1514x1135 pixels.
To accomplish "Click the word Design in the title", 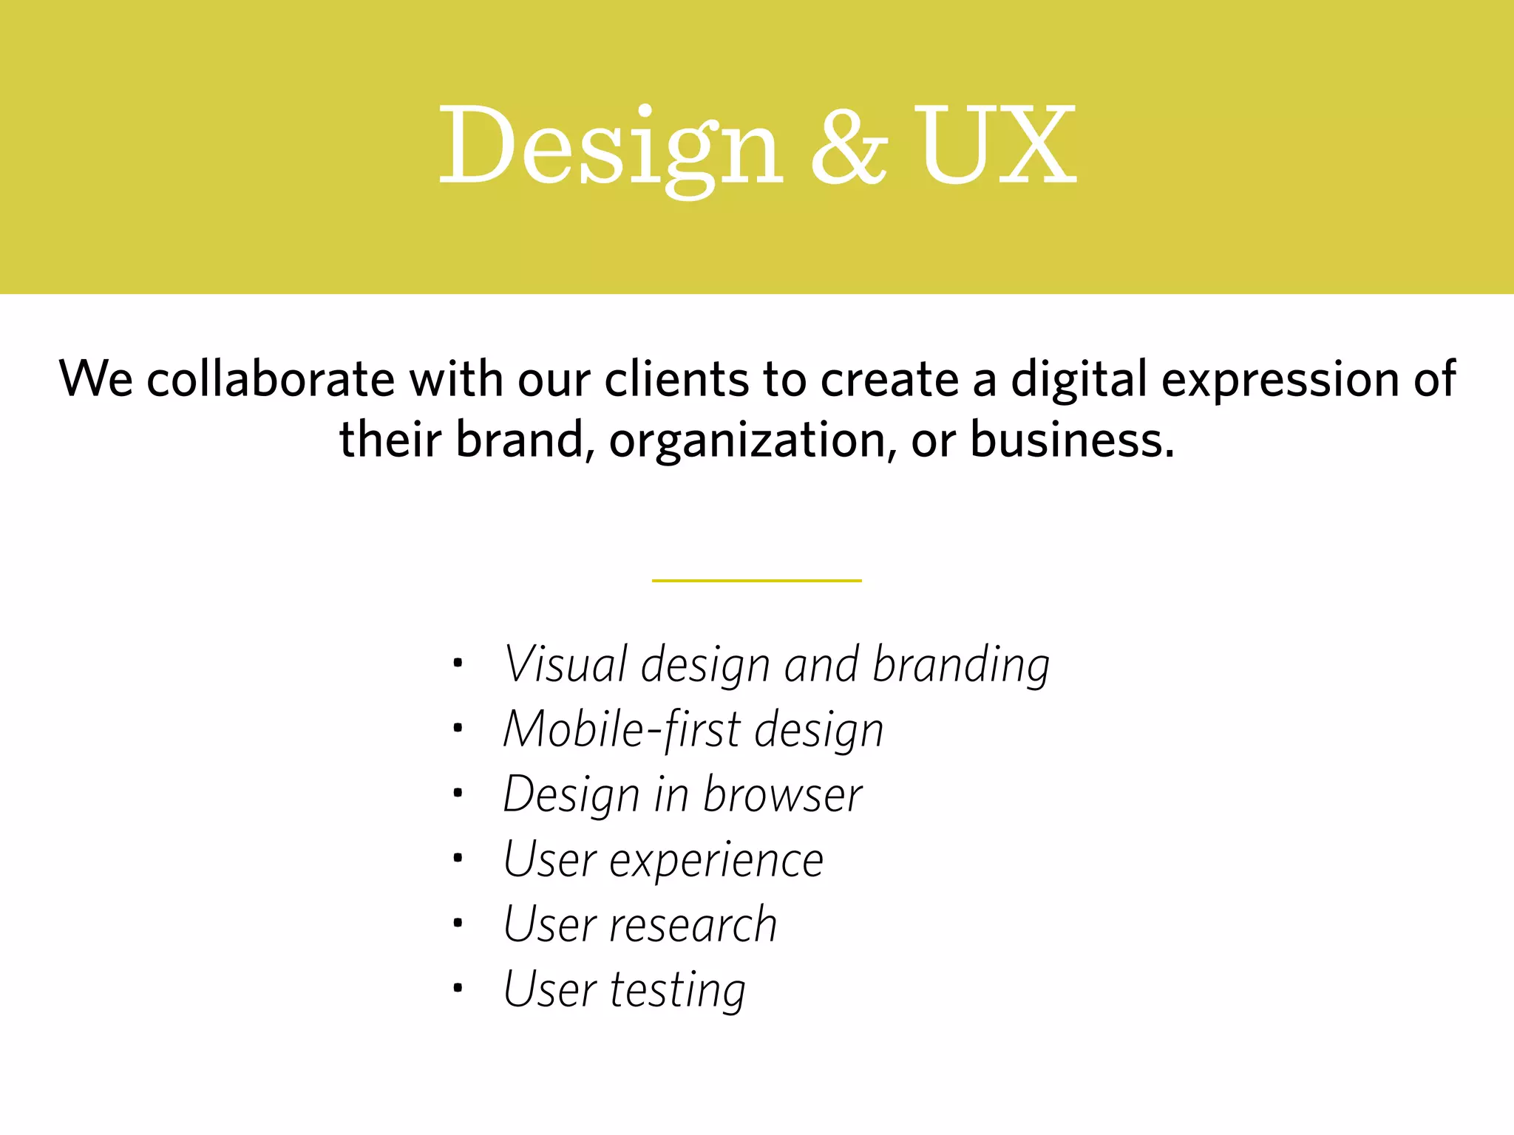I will pos(610,148).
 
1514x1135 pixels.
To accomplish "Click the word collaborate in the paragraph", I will pos(271,379).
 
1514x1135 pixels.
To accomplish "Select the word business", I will pos(1072,440).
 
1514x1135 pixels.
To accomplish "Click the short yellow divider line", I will pos(756,581).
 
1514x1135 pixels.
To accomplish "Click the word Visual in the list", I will pos(566,664).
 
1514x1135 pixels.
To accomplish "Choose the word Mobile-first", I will pos(622,729).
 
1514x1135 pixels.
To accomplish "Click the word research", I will pos(693,925).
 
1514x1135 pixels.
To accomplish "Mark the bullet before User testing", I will pos(458,987).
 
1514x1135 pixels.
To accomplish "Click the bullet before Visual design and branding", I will pos(458,662).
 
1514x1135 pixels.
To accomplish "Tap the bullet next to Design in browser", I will pos(458,793).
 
